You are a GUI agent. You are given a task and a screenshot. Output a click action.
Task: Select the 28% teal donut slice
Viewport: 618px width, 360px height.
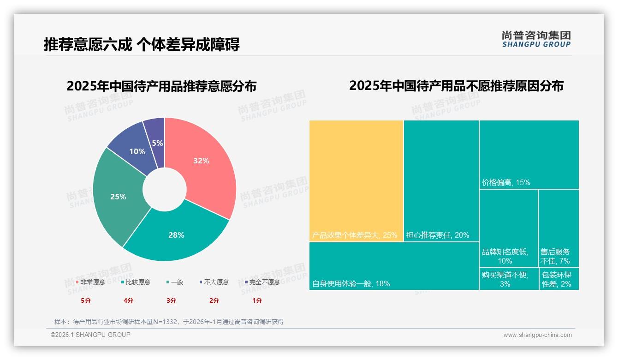click(176, 234)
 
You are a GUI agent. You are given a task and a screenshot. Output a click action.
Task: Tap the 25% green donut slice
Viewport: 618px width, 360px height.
click(118, 197)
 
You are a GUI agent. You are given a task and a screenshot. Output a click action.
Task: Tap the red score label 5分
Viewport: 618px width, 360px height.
click(86, 300)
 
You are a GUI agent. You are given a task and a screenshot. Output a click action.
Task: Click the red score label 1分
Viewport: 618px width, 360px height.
click(257, 300)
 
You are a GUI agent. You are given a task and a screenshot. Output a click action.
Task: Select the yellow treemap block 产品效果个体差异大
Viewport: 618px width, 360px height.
click(356, 180)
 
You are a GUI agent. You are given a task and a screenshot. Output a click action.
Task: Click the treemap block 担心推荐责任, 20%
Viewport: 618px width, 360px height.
click(441, 180)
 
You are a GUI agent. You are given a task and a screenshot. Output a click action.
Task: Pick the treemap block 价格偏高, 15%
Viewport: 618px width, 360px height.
click(529, 154)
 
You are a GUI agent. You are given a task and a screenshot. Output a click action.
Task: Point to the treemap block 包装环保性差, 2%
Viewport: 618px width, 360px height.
click(559, 279)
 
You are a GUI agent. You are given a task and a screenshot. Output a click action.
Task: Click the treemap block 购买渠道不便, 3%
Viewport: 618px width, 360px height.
click(508, 279)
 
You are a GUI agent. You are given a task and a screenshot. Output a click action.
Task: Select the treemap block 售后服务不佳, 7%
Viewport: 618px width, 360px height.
click(558, 228)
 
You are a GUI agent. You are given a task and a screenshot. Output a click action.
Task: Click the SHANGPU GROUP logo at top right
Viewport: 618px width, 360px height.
click(536, 39)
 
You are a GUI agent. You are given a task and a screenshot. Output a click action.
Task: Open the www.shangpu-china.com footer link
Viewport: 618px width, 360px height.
click(537, 335)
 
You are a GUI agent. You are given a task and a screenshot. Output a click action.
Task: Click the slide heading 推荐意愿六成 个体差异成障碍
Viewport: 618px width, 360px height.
click(142, 45)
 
